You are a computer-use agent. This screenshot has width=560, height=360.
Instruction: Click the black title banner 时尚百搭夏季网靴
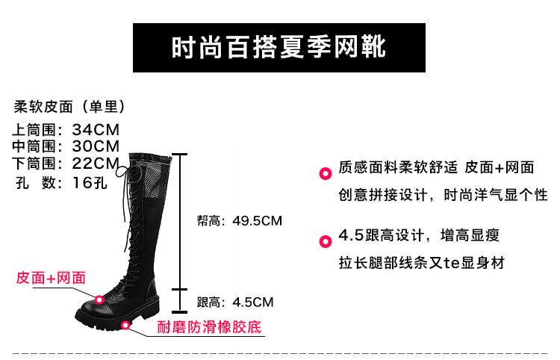pyautogui.click(x=279, y=48)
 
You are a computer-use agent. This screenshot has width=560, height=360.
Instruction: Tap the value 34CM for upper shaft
pyautogui.click(x=96, y=130)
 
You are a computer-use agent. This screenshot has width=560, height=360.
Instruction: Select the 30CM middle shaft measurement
pyautogui.click(x=96, y=146)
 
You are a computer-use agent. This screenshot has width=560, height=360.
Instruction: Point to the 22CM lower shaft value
pyautogui.click(x=96, y=163)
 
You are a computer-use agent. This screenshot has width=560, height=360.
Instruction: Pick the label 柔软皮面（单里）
pyautogui.click(x=69, y=107)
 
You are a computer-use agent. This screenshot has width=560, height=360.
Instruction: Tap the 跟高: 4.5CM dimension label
pyautogui.click(x=235, y=302)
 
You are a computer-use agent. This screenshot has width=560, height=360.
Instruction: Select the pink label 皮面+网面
pyautogui.click(x=51, y=278)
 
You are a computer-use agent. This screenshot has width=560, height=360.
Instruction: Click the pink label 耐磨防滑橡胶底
pyautogui.click(x=210, y=327)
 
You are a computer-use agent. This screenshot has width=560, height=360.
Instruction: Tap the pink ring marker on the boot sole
pyautogui.click(x=125, y=325)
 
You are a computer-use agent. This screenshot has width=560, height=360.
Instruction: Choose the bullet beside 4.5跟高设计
pyautogui.click(x=326, y=241)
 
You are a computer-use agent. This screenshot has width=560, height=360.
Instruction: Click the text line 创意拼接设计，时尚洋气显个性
pyautogui.click(x=444, y=195)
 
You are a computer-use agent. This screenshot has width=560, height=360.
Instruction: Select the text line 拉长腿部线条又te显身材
pyautogui.click(x=422, y=263)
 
